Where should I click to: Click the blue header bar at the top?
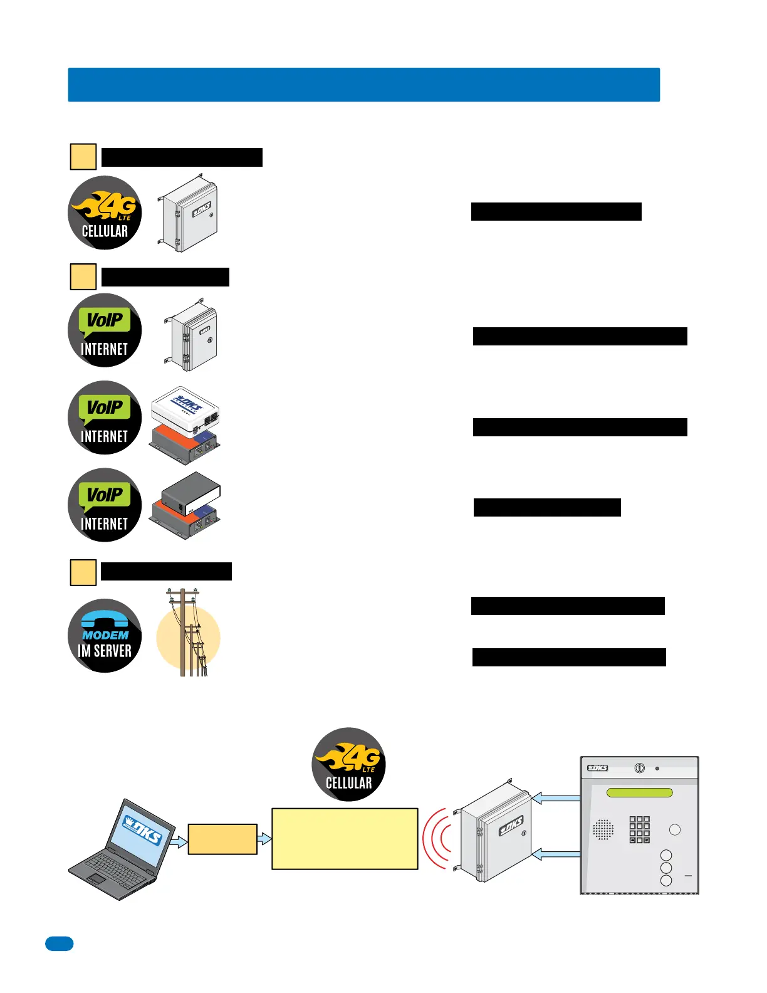[363, 85]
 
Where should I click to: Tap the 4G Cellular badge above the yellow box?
[348, 764]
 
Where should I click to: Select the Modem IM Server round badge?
[105, 636]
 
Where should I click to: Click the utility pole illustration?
[188, 633]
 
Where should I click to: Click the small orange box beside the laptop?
[222, 839]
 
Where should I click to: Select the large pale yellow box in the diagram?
[345, 838]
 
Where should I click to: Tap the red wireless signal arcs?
[437, 838]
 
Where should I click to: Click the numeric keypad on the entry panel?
[639, 829]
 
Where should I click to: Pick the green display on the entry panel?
[639, 792]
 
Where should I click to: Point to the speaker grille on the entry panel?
[603, 829]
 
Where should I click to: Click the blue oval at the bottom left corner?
[59, 943]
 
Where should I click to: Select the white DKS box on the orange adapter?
[185, 411]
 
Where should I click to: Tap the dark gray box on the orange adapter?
[190, 494]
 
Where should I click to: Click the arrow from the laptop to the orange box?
[179, 842]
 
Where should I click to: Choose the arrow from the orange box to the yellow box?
[264, 838]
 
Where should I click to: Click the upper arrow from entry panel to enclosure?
[556, 798]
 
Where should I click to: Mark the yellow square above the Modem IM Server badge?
[83, 572]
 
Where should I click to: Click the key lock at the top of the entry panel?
[639, 768]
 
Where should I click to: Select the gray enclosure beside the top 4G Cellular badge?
[189, 214]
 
